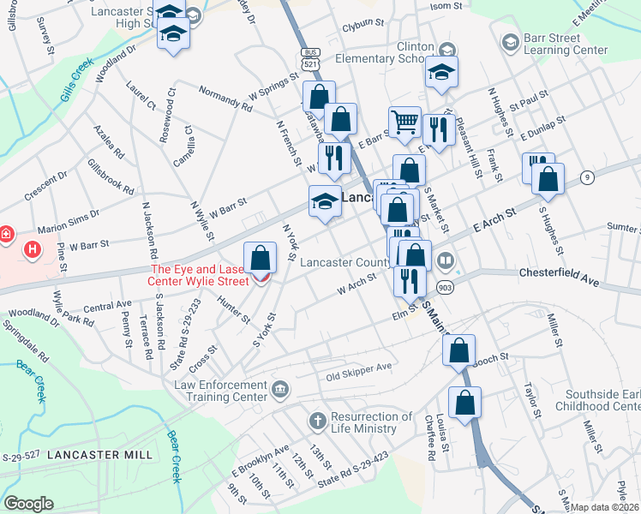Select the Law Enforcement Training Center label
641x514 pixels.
(x=220, y=391)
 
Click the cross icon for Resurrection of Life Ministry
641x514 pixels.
(x=317, y=421)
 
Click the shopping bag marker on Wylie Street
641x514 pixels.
(x=260, y=258)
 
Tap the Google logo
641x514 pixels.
(x=29, y=503)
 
